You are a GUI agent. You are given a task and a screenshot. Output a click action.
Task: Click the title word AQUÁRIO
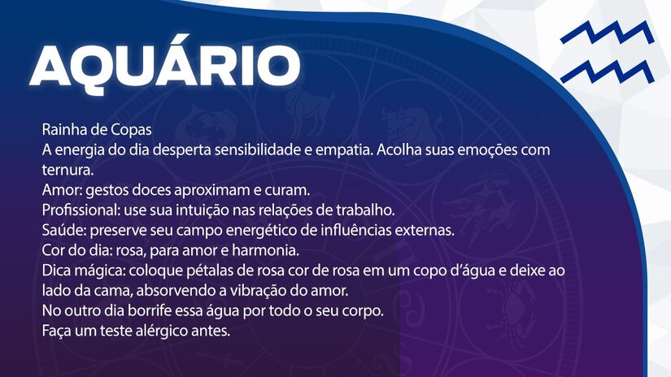(165, 64)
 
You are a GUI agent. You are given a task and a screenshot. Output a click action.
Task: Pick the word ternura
(68, 171)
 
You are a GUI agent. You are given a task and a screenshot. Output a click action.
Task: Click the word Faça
(58, 331)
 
